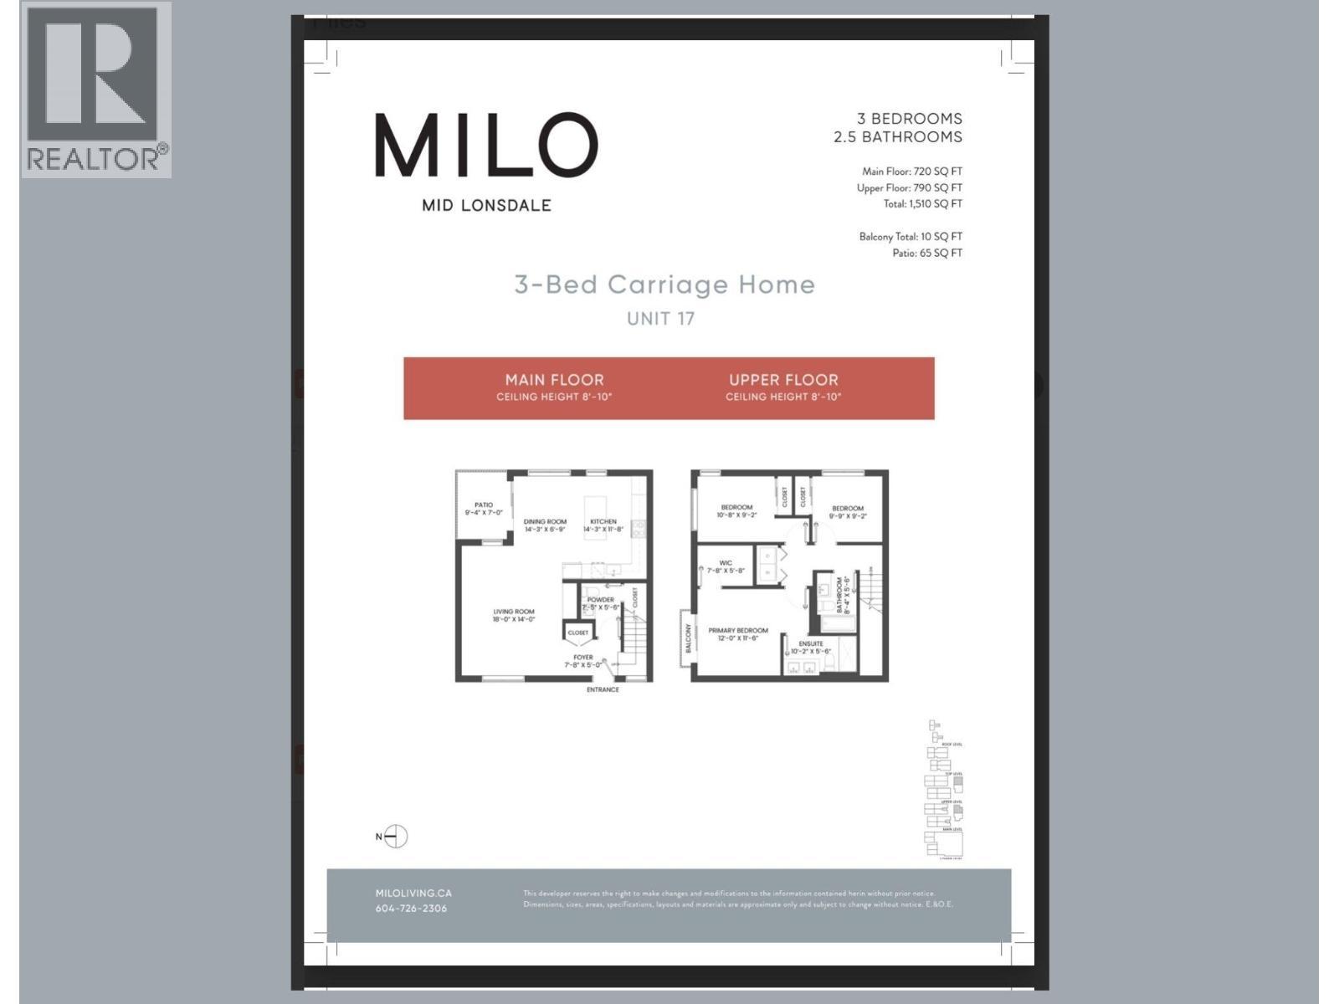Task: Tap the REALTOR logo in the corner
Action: tap(95, 90)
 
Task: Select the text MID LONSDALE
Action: tap(486, 205)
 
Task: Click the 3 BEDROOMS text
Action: tap(909, 119)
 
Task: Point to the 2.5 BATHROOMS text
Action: tap(897, 137)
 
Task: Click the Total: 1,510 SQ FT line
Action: tap(922, 204)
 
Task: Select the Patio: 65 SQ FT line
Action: tap(927, 254)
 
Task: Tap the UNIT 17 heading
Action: tap(660, 319)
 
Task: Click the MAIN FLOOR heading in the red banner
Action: tap(554, 380)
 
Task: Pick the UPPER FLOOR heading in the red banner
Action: tap(783, 380)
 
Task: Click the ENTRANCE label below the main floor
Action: tap(603, 690)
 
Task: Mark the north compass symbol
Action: tap(396, 837)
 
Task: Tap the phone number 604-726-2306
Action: tap(411, 909)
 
